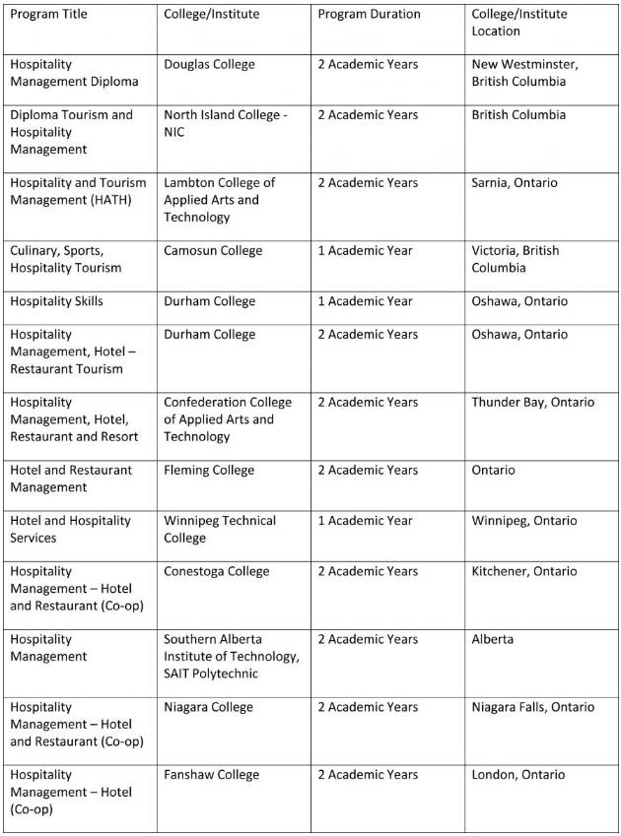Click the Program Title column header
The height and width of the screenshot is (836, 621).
tap(48, 14)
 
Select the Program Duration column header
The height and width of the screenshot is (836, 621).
tap(369, 14)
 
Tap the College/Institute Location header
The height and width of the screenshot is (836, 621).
tap(519, 23)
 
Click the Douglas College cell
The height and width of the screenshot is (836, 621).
tap(209, 64)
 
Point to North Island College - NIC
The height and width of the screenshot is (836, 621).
tap(226, 123)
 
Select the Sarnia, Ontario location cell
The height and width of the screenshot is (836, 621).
tap(514, 182)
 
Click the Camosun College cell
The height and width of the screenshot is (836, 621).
tap(213, 250)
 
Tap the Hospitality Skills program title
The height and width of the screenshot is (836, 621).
tap(56, 301)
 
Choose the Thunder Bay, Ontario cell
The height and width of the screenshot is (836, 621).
tap(532, 402)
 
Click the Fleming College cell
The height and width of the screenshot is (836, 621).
tap(209, 470)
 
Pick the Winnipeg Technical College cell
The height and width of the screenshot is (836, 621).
tap(220, 529)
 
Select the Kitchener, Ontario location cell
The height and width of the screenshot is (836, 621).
tap(523, 571)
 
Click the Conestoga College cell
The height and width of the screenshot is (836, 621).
tap(218, 571)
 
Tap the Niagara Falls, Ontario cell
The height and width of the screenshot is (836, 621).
tap(532, 707)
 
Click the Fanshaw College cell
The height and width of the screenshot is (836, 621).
tap(212, 775)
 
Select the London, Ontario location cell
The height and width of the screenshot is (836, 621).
tap(517, 775)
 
